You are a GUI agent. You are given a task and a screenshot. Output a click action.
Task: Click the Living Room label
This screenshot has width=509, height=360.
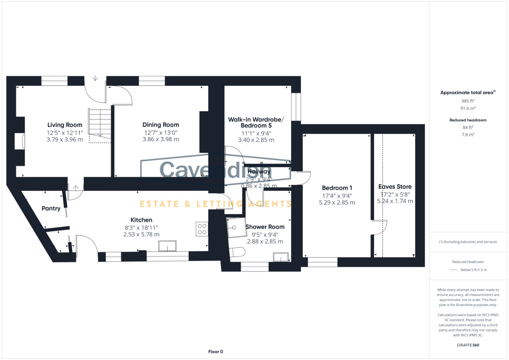click(x=65, y=125)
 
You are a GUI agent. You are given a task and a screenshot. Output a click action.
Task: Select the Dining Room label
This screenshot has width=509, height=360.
click(x=161, y=125)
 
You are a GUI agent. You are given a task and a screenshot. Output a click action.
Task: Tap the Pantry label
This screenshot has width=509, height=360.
click(x=51, y=208)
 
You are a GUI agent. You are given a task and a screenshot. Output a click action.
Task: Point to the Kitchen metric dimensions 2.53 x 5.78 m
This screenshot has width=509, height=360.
click(x=141, y=235)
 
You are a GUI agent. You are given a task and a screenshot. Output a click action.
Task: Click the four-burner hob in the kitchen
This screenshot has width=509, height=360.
click(x=202, y=229)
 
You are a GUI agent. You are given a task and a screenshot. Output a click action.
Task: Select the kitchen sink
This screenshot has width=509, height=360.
click(x=168, y=246)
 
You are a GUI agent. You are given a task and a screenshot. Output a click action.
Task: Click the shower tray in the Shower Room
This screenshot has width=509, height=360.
click(x=236, y=228)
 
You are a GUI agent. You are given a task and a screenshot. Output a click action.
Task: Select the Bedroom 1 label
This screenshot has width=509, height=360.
click(x=337, y=188)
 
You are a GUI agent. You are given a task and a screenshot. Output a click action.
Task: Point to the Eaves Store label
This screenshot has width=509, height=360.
click(x=395, y=187)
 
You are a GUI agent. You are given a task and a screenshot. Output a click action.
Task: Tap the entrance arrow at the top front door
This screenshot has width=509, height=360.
click(x=95, y=78)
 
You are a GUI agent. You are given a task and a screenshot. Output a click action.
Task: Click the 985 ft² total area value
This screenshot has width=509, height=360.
click(x=468, y=101)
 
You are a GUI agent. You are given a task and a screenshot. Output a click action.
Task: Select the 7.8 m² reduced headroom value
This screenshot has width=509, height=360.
click(x=468, y=135)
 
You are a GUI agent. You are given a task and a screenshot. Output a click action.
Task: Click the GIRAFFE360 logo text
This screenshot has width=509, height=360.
click(x=468, y=345)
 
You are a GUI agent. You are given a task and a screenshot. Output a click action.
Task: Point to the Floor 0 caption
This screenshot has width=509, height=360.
click(x=215, y=352)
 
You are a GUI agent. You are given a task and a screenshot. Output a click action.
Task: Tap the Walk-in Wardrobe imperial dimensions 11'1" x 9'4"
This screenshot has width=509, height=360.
click(x=256, y=133)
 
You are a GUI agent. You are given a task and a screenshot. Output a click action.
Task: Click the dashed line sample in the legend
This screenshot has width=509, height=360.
click(x=454, y=270)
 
